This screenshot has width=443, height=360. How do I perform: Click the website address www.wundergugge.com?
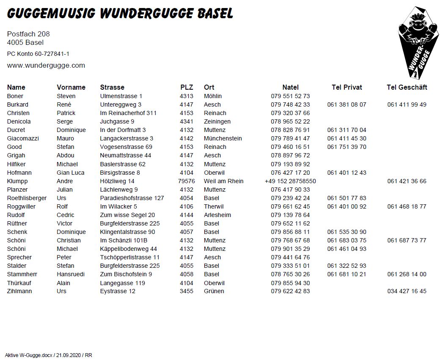(46, 66)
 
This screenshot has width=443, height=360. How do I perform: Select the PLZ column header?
(187, 88)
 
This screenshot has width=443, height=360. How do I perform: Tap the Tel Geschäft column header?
(407, 88)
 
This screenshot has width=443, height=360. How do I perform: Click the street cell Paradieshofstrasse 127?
(132, 198)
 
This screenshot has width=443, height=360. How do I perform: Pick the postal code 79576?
(187, 181)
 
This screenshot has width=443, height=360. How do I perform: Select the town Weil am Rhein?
(223, 181)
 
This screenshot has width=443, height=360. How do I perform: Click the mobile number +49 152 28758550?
(290, 181)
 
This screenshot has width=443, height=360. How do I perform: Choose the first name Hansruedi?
(71, 274)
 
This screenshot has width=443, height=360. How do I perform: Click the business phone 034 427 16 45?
(407, 291)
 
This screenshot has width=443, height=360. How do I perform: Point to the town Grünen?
(214, 291)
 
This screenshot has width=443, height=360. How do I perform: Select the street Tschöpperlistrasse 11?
(130, 257)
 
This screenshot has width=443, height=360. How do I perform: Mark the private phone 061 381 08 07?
(347, 104)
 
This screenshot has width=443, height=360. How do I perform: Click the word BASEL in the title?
(215, 14)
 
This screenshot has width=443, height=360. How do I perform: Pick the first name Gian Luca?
(71, 173)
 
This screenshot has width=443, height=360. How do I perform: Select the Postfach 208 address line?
(28, 34)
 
